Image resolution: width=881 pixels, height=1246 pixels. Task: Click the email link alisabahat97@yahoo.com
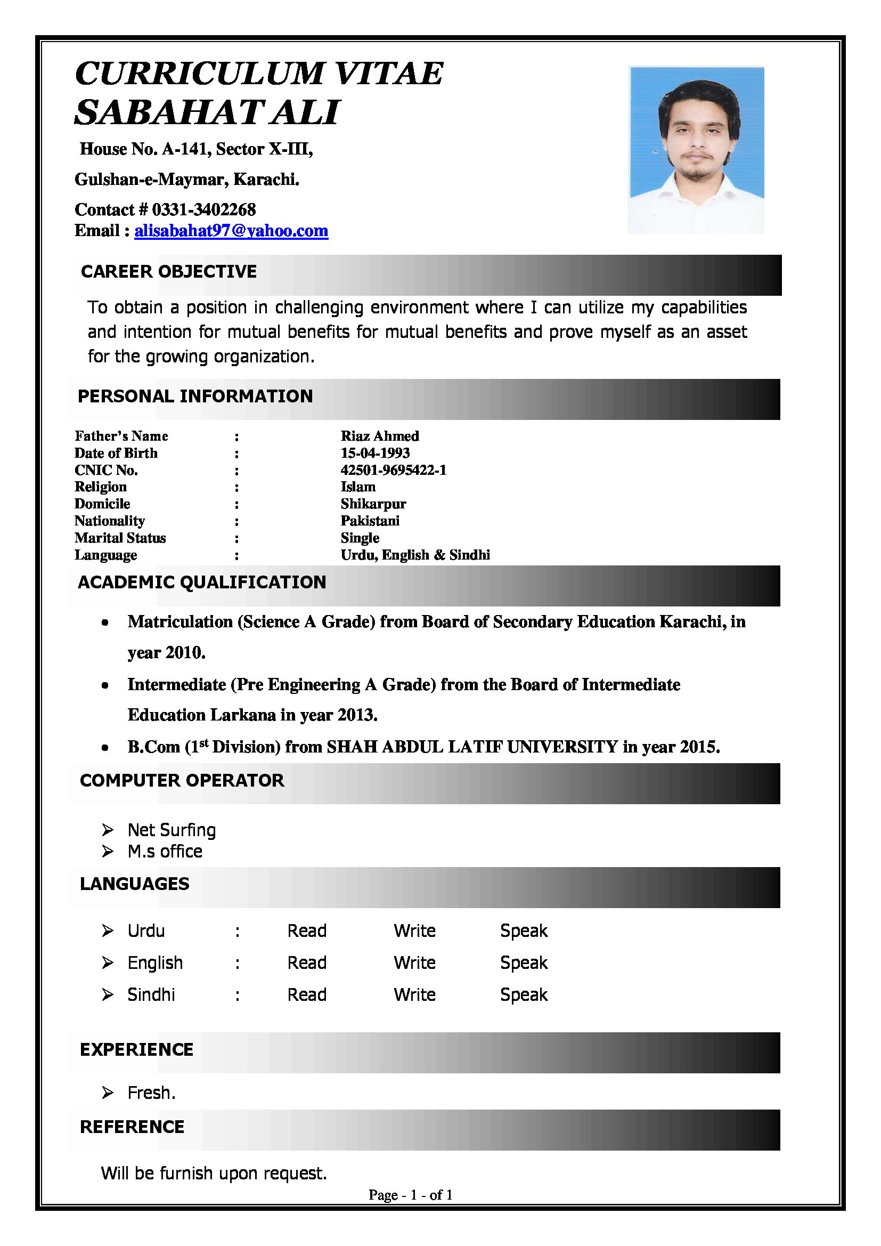(231, 231)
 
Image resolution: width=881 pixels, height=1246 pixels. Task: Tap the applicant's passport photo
(696, 150)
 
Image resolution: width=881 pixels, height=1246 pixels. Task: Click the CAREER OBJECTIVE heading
(169, 272)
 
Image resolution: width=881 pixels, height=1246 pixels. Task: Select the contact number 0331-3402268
(203, 210)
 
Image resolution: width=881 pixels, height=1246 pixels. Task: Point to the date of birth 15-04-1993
(375, 453)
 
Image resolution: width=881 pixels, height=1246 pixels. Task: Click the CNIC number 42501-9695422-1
(393, 470)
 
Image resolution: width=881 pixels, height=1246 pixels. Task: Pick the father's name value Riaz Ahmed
(380, 436)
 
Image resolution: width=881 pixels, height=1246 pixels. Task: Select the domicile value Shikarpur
(373, 504)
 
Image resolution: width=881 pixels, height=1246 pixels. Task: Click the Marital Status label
(120, 538)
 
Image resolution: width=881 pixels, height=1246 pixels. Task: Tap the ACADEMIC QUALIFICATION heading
(202, 582)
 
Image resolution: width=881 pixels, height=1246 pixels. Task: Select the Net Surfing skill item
(172, 830)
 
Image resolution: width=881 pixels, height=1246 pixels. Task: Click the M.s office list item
(165, 852)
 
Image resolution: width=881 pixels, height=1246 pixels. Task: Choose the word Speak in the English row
(524, 962)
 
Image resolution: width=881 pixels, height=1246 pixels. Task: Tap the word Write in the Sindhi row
(414, 995)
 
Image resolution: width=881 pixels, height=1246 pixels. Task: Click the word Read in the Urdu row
(306, 931)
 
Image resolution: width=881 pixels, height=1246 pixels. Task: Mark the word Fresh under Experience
(150, 1093)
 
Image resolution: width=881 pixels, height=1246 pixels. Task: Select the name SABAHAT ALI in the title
(207, 113)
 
